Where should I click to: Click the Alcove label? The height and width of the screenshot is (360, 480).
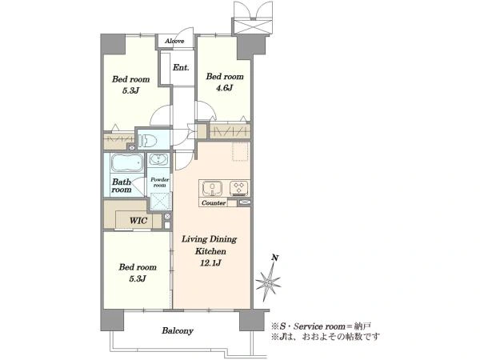[x=174, y=41]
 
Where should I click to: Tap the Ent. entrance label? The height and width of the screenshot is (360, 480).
[x=181, y=67]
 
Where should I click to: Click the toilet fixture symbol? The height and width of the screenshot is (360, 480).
[x=147, y=141]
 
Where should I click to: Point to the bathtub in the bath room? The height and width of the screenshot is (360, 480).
[x=127, y=162]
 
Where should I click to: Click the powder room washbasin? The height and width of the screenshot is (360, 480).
[x=158, y=159]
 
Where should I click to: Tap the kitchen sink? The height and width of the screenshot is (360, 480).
[x=212, y=188]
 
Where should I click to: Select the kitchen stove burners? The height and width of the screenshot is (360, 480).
[x=238, y=188]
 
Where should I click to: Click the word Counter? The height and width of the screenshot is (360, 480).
[x=214, y=203]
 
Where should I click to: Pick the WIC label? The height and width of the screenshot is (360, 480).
[x=138, y=221]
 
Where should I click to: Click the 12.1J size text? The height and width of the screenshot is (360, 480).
[x=210, y=262]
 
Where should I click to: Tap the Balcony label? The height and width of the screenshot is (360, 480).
[x=178, y=331]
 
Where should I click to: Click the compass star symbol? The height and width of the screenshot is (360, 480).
[x=268, y=284]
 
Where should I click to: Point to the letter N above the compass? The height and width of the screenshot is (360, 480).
[x=275, y=258]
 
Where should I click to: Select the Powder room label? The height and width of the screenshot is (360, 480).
[x=159, y=182]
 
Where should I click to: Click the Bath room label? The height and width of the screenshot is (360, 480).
[x=122, y=186]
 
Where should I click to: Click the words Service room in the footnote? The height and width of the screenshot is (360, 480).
[x=319, y=326]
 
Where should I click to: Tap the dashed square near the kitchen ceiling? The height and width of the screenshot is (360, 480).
[x=240, y=151]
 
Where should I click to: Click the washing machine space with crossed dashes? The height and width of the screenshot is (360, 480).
[x=159, y=202]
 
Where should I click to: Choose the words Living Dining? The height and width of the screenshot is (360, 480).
[x=209, y=239]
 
